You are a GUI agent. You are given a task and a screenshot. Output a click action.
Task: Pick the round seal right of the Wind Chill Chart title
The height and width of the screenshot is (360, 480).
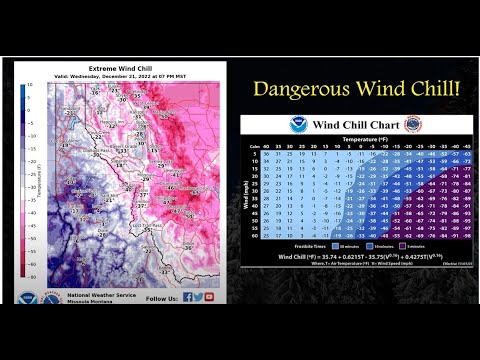coord(412,125)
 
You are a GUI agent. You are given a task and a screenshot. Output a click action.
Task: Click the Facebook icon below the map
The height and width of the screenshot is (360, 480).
coord(187,296)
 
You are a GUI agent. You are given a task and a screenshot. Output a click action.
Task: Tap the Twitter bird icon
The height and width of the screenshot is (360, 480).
coord(198,296)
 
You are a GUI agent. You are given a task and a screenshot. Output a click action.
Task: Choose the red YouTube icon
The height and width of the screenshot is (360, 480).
coord(210,296)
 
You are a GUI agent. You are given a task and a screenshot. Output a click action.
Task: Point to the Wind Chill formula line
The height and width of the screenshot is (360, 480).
coord(355,256)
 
